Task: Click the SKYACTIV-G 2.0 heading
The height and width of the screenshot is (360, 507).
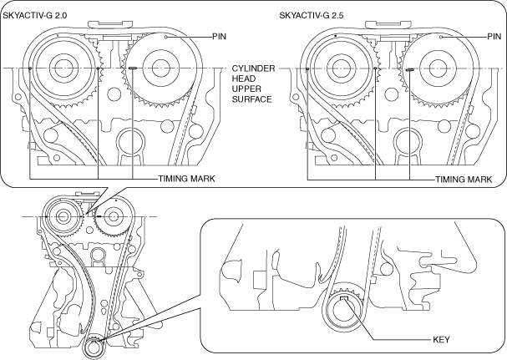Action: (x=35, y=15)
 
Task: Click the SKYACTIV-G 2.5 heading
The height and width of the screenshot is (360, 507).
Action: (x=312, y=15)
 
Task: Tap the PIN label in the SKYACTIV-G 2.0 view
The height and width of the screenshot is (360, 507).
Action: (x=219, y=37)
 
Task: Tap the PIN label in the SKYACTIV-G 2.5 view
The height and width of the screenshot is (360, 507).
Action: (x=494, y=37)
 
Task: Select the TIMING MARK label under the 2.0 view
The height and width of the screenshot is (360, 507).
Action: (x=186, y=179)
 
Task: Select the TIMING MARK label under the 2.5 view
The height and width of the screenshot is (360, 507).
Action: (x=464, y=180)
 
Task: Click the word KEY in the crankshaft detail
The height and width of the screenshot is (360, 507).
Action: (x=441, y=340)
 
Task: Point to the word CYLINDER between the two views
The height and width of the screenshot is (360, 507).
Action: (x=254, y=68)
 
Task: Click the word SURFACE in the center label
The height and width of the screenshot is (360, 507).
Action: (x=251, y=99)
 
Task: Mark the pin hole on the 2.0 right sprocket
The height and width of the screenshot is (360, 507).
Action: (x=165, y=38)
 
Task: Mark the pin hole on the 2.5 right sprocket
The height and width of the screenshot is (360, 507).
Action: (x=441, y=38)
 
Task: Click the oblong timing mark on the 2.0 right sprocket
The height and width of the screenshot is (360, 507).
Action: (x=133, y=68)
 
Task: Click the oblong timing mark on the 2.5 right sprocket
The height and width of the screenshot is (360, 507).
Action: (x=410, y=68)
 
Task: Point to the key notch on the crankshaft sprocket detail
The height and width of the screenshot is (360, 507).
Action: (x=345, y=298)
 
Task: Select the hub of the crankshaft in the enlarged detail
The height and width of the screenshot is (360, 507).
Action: (x=345, y=312)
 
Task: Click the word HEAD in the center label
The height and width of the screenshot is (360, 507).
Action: (x=243, y=79)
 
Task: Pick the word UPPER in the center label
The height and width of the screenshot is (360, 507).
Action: (x=246, y=89)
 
